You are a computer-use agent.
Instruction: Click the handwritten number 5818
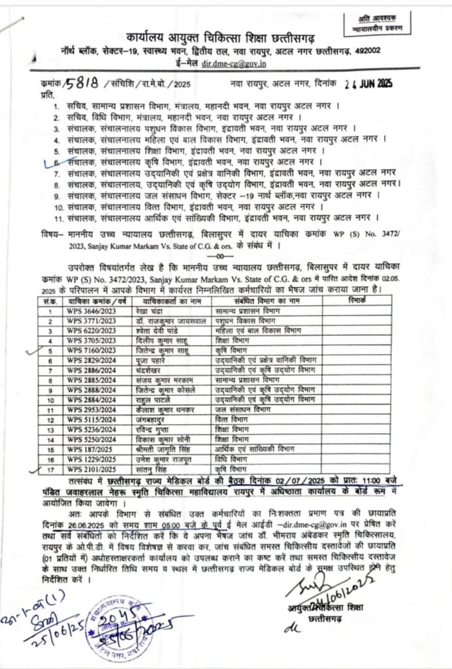click(x=82, y=83)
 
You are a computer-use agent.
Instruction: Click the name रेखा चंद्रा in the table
click(x=151, y=312)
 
